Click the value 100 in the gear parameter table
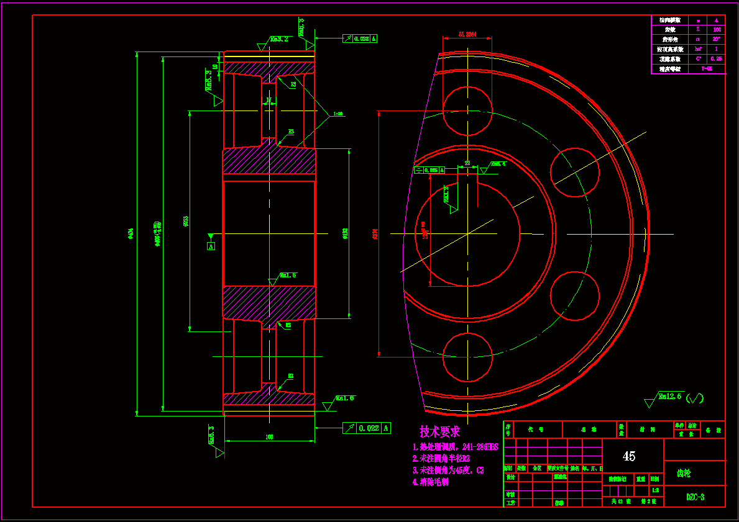717,29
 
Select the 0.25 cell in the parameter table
717,59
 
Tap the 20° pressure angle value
717,39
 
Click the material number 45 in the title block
629,456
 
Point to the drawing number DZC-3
695,497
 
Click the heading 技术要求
439,431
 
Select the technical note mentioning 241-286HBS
455,447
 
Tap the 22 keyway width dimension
467,163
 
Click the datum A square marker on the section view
211,246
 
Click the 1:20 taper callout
339,114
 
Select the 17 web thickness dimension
269,99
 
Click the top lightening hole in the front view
467,110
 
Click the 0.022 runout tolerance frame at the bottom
367,428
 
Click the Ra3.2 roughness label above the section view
278,39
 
